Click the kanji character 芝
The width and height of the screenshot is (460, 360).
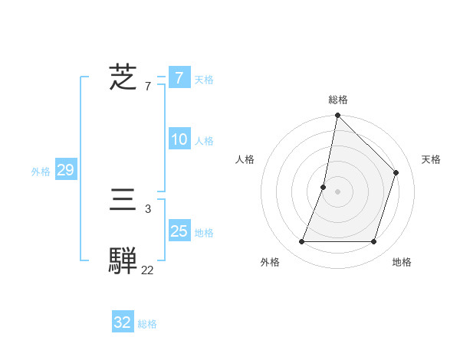[123, 77]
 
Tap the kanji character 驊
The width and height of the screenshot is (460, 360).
[123, 260]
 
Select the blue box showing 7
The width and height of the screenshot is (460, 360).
[179, 77]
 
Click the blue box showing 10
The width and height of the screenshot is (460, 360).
[179, 140]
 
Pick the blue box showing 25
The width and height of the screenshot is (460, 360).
[179, 231]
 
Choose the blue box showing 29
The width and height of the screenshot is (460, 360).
[65, 170]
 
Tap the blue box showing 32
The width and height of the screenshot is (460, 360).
[123, 322]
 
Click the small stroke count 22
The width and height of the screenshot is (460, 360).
[147, 270]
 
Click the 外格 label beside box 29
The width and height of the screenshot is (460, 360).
[41, 172]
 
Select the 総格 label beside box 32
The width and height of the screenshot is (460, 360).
[147, 324]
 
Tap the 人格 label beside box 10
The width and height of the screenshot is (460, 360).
[204, 141]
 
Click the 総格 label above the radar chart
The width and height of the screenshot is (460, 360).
[337, 100]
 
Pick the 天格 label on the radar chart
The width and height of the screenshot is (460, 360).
[431, 159]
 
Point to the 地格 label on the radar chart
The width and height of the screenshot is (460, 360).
[402, 262]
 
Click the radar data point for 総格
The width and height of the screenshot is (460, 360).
[337, 116]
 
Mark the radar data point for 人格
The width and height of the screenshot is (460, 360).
[324, 187]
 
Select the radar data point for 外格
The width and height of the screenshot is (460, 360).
[301, 242]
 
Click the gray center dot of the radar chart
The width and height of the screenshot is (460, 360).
[337, 191]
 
